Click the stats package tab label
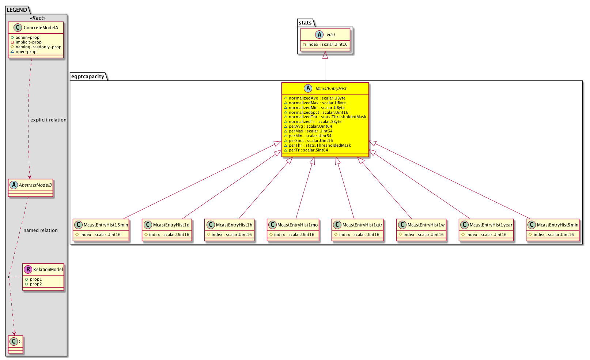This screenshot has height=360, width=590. [x=305, y=23]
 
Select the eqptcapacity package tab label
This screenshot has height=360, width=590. [x=88, y=76]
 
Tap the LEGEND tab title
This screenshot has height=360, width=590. [x=16, y=10]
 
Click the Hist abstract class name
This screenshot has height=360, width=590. [x=331, y=35]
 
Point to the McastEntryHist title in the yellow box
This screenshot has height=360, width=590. [x=331, y=89]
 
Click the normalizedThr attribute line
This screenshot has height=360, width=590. [x=325, y=117]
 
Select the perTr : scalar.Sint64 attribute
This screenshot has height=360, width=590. [x=306, y=150]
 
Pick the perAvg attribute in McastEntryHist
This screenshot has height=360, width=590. [x=308, y=126]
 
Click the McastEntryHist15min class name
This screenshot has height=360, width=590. [x=106, y=225]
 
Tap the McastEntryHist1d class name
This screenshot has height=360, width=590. [x=171, y=225]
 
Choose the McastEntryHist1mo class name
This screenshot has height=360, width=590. [x=297, y=225]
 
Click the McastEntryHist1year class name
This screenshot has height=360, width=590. [x=491, y=225]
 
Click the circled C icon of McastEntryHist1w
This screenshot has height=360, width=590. [x=402, y=225]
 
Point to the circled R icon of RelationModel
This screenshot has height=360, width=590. [x=28, y=269]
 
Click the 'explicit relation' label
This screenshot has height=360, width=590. [x=49, y=120]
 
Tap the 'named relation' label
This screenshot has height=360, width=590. [x=41, y=230]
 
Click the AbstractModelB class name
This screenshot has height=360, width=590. [x=35, y=185]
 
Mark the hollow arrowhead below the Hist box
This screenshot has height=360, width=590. [x=325, y=55]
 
